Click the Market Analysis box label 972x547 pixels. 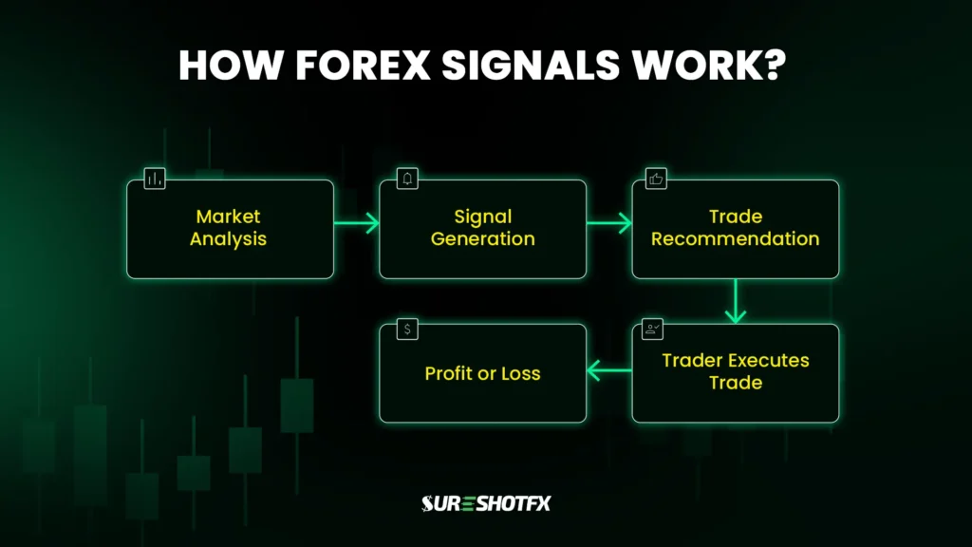(x=229, y=228)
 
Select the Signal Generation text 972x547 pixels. (x=482, y=228)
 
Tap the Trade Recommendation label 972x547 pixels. (x=735, y=228)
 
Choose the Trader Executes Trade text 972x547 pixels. (x=735, y=372)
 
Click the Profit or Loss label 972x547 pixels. (x=482, y=373)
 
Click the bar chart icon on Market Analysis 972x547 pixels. (x=155, y=179)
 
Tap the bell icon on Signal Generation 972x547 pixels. (x=408, y=179)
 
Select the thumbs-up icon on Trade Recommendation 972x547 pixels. (x=656, y=179)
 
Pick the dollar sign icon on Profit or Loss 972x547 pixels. (x=407, y=330)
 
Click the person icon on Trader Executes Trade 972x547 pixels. (x=653, y=330)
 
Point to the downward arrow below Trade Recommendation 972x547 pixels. (x=735, y=301)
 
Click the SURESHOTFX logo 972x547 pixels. (x=485, y=503)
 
